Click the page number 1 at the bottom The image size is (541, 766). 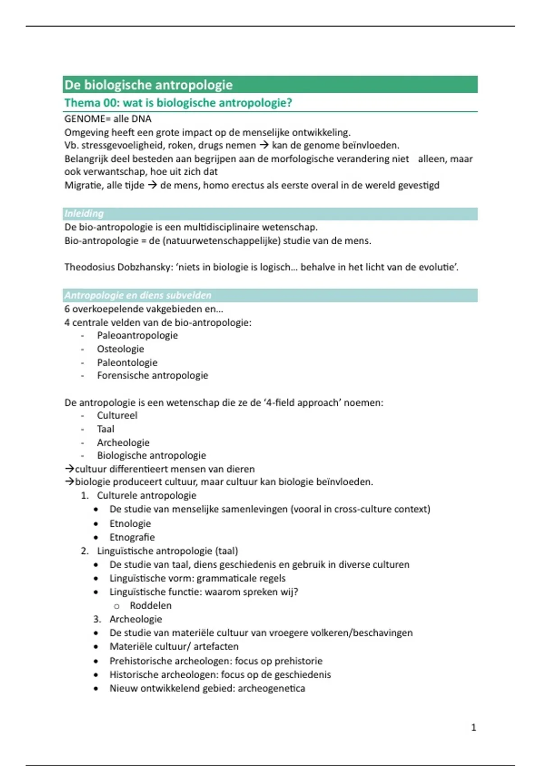click(x=473, y=727)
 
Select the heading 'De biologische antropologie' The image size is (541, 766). click(x=148, y=85)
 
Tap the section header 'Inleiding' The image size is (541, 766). click(x=84, y=214)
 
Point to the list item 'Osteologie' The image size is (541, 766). click(x=120, y=349)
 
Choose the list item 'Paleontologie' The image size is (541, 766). click(x=127, y=362)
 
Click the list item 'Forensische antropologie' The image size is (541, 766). click(x=152, y=375)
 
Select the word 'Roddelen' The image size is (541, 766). click(x=151, y=605)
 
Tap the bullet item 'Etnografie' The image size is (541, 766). click(x=132, y=537)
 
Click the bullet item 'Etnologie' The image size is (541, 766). click(x=130, y=524)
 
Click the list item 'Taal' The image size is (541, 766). click(x=105, y=429)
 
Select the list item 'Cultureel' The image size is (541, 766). click(x=117, y=415)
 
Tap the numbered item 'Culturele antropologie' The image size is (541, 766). click(x=147, y=495)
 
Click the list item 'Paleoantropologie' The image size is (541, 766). click(x=138, y=335)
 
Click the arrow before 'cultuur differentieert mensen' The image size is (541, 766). click(x=69, y=469)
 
